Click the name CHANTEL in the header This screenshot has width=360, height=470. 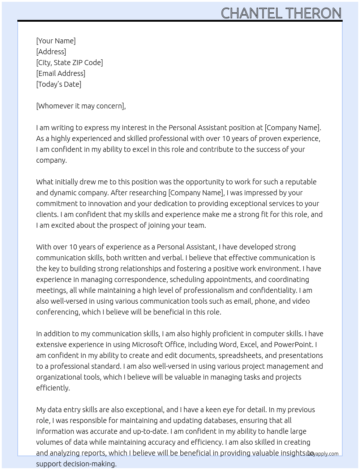[x=252, y=13]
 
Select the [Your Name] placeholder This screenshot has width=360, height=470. [x=56, y=41]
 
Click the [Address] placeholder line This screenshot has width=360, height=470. [x=51, y=52]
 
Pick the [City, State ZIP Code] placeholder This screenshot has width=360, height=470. [x=69, y=63]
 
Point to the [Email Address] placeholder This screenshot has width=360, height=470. [x=61, y=73]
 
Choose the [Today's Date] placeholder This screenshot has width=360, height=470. [x=59, y=84]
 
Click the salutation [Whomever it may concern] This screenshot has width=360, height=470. [x=81, y=106]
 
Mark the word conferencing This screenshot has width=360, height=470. [x=57, y=312]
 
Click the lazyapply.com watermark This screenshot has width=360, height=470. [x=322, y=454]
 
